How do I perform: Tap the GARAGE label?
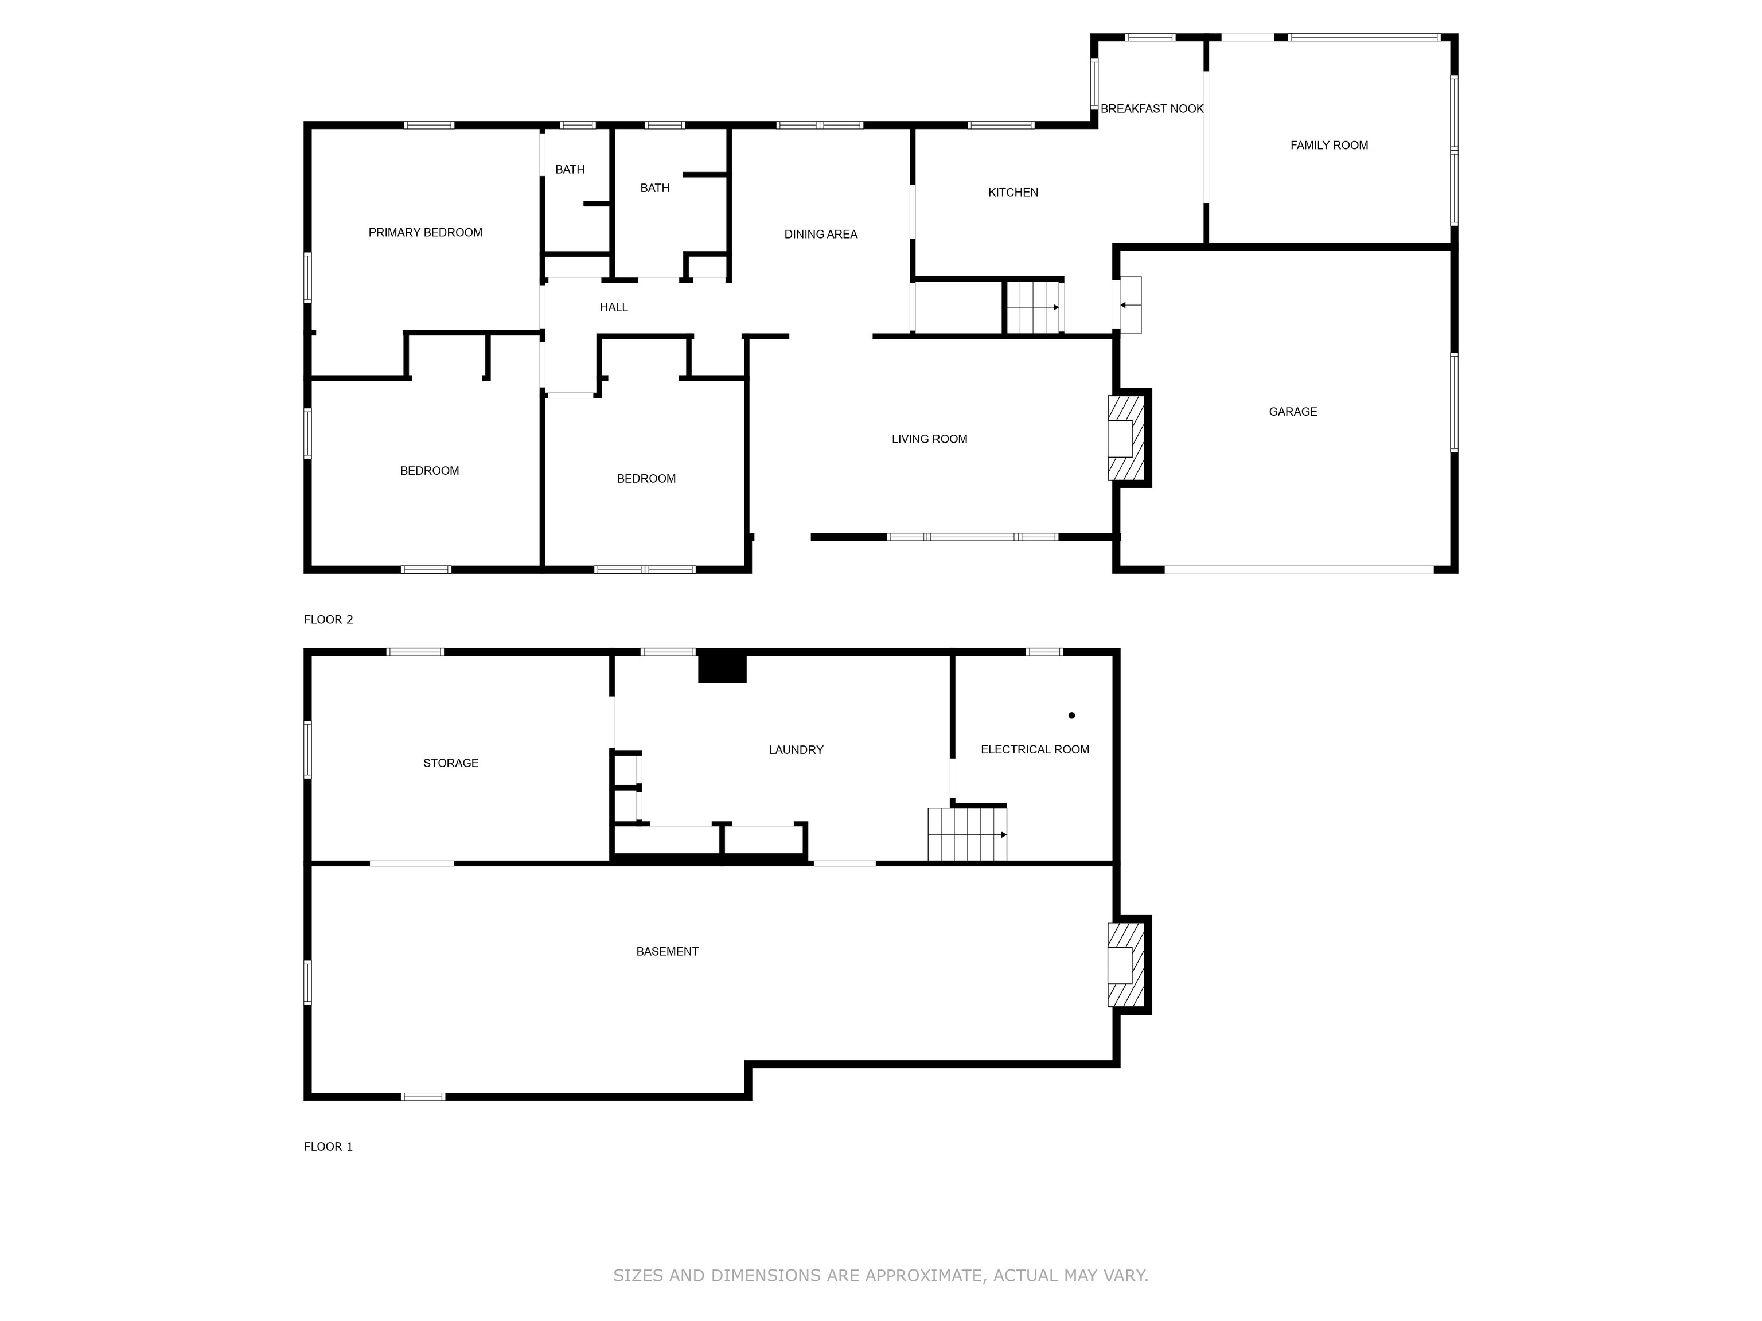tap(1292, 412)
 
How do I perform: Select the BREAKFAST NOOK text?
tap(1151, 109)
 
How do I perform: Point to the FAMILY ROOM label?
tap(1328, 146)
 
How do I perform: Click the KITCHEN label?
tap(1012, 193)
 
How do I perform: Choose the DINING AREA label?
tap(820, 234)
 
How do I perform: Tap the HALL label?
tap(613, 307)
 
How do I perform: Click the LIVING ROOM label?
tap(929, 439)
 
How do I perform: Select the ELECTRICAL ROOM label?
tap(1034, 749)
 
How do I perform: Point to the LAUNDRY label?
tap(795, 750)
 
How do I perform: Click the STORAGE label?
tap(450, 763)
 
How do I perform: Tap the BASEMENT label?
tap(666, 952)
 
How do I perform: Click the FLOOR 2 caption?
tap(328, 619)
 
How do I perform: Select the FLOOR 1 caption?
tap(328, 1147)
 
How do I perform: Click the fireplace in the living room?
tap(1125, 438)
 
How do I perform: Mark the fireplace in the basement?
tap(1125, 966)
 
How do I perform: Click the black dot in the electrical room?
tap(1071, 715)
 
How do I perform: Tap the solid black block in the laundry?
tap(722, 668)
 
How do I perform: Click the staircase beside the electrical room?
tap(966, 834)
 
